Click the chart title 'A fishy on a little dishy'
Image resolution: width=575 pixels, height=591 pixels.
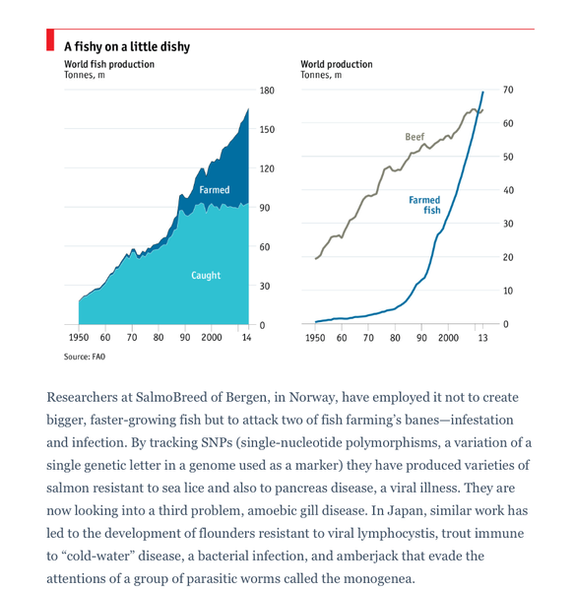[x=127, y=46]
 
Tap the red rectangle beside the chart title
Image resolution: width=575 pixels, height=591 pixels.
[x=49, y=40]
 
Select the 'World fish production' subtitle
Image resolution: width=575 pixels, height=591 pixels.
[x=109, y=64]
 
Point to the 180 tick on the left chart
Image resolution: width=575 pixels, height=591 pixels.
[x=267, y=91]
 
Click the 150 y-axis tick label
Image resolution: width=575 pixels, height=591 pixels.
[x=267, y=130]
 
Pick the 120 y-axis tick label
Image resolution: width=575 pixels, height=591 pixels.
[x=267, y=169]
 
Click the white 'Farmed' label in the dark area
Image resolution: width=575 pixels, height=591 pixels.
[x=214, y=190]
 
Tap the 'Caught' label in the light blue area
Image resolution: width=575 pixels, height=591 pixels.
[x=206, y=276]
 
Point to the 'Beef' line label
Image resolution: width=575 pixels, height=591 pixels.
[x=415, y=136]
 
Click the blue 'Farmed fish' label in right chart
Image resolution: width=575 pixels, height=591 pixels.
[x=424, y=205]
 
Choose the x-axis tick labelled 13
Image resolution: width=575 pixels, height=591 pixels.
[x=482, y=338]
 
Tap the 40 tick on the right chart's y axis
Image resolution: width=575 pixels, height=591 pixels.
[x=508, y=190]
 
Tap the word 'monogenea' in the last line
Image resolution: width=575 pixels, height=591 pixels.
[x=378, y=578]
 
